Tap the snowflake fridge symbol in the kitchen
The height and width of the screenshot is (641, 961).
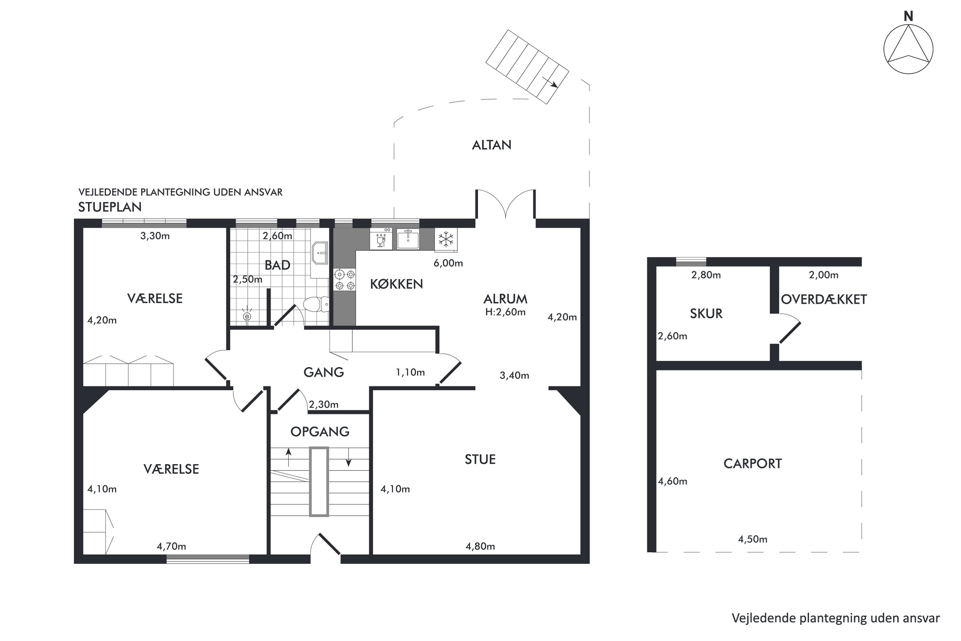tap(446, 239)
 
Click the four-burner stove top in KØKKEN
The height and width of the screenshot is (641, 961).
tap(344, 279)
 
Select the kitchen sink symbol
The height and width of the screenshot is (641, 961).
tap(408, 239)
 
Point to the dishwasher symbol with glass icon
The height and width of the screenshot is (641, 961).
tap(381, 239)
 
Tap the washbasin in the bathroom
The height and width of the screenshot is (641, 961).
tap(320, 254)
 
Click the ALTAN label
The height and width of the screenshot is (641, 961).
tap(491, 145)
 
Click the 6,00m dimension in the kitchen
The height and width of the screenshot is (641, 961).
tap(448, 263)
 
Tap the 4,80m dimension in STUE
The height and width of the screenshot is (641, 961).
tap(480, 546)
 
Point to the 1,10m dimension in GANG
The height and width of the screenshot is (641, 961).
tap(410, 372)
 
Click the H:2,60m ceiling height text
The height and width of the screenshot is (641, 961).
tap(505, 312)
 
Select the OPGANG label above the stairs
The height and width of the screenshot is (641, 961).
tap(320, 432)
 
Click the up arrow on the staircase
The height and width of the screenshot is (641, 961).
tap(289, 457)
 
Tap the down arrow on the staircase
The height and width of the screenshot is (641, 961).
tap(349, 457)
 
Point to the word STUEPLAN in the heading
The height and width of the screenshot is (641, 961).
tap(110, 207)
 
